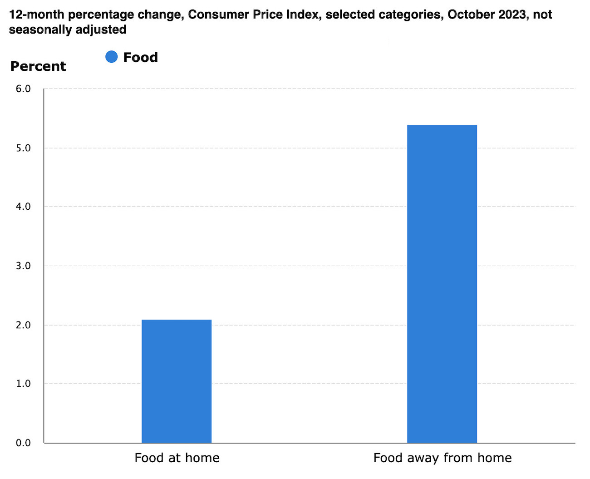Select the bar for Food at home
click(177, 381)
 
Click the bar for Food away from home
click(442, 284)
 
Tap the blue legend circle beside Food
click(111, 57)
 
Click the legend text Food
click(141, 57)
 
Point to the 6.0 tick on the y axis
click(23, 89)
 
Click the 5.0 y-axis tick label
click(23, 148)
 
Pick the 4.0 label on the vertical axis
click(23, 207)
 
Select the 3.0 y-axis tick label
click(23, 266)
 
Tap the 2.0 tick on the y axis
click(23, 325)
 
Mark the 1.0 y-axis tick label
click(23, 384)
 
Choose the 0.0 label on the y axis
click(23, 443)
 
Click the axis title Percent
click(38, 66)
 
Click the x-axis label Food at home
click(177, 458)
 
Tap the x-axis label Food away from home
click(442, 458)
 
